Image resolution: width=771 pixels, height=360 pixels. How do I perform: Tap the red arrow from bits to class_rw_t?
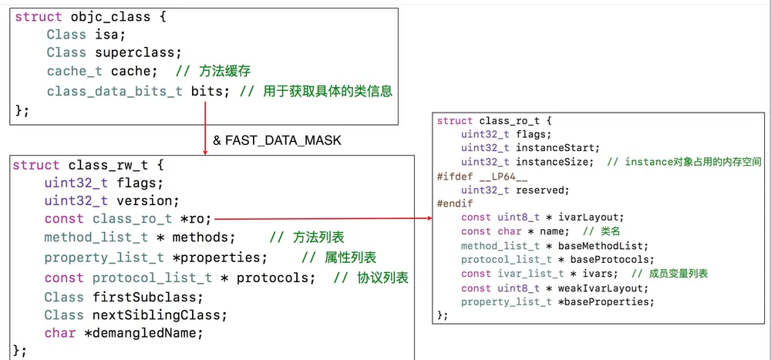click(x=206, y=127)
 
